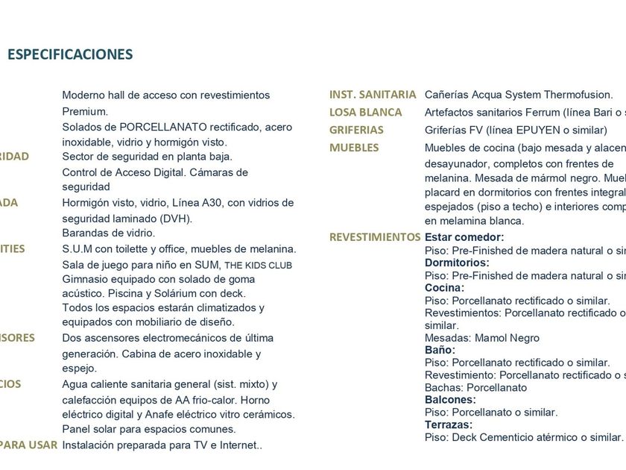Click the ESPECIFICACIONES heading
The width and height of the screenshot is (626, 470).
(x=70, y=54)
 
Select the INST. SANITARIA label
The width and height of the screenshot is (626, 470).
(x=373, y=95)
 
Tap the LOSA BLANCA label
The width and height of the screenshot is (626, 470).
(x=365, y=112)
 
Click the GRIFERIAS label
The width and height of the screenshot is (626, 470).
(x=356, y=130)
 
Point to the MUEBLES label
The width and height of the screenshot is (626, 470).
(x=354, y=148)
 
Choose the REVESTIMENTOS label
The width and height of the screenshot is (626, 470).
(x=375, y=236)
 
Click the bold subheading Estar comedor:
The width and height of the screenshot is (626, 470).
(x=464, y=237)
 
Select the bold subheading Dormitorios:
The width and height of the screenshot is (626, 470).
(x=457, y=263)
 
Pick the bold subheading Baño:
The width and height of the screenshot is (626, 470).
(x=440, y=349)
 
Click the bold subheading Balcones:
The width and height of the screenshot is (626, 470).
(x=450, y=399)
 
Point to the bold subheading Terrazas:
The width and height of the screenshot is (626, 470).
(x=449, y=424)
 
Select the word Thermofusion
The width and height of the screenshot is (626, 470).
(x=578, y=95)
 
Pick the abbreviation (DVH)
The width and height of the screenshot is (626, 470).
(x=177, y=218)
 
